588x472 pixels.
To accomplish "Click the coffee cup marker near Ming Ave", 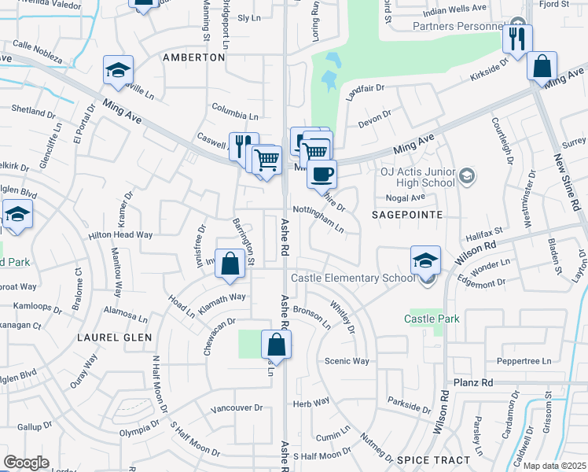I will [x=322, y=173].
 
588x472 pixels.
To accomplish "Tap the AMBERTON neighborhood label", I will [x=193, y=57].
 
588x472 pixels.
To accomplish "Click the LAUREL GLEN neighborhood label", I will [x=108, y=337].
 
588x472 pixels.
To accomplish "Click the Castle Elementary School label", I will [x=353, y=278].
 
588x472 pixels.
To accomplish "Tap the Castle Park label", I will [x=432, y=319].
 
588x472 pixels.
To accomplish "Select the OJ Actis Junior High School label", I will [x=418, y=177].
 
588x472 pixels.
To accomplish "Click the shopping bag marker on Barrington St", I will [x=230, y=264].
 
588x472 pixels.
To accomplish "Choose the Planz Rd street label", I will [x=472, y=382].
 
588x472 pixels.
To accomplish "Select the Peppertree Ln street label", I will [x=524, y=361].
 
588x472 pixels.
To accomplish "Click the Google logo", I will [x=27, y=463].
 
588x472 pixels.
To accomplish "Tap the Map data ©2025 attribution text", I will [x=553, y=466].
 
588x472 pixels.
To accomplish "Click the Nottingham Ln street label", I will [x=318, y=219].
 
